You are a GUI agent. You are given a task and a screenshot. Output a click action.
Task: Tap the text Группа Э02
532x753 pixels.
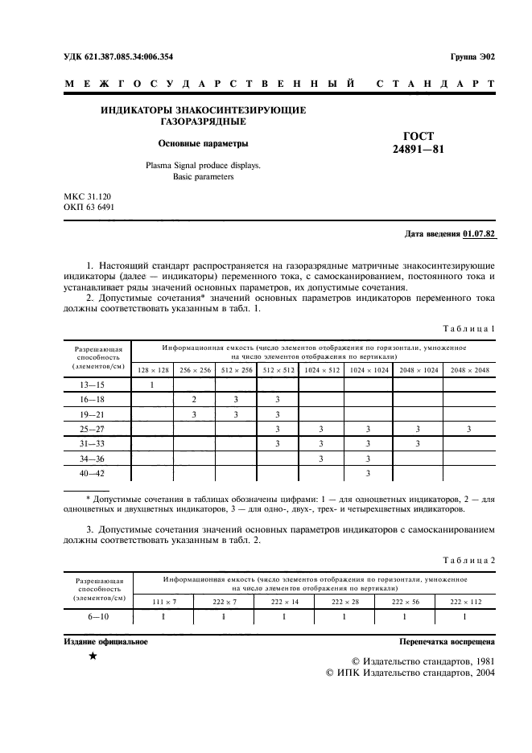473,56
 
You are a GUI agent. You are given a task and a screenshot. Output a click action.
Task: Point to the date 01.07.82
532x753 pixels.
480,235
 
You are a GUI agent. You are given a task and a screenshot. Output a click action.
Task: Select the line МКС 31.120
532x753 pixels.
89,196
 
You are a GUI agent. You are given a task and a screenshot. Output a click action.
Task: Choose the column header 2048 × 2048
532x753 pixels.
469,369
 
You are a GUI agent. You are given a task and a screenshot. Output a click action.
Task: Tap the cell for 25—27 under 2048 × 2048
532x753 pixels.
469,429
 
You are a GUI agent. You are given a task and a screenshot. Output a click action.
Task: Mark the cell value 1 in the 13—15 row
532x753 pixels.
153,385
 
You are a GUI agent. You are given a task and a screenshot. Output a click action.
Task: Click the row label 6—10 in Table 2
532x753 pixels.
97,616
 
